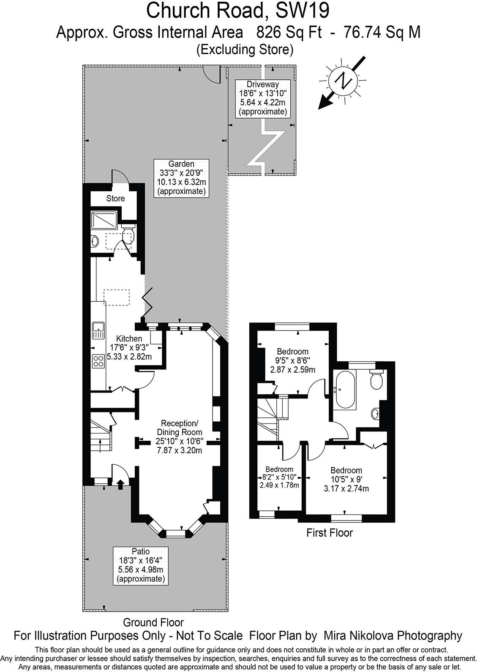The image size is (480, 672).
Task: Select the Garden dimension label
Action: [x=181, y=177]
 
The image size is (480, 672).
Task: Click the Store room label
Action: [x=115, y=198]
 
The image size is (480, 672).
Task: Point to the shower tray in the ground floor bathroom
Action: [x=104, y=220]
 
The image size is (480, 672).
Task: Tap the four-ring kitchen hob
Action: [x=98, y=361]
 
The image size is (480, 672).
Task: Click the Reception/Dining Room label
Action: [x=180, y=436]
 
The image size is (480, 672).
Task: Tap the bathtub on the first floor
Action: [x=344, y=390]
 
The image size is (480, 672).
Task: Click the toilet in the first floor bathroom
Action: [x=376, y=379]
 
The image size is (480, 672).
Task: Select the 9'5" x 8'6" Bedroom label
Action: [x=292, y=360]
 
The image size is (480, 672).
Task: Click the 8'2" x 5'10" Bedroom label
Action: [x=279, y=477]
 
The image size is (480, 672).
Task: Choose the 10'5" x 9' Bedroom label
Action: [x=346, y=480]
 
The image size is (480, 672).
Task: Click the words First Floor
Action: [x=329, y=533]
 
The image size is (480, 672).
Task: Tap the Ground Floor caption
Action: [x=153, y=622]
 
